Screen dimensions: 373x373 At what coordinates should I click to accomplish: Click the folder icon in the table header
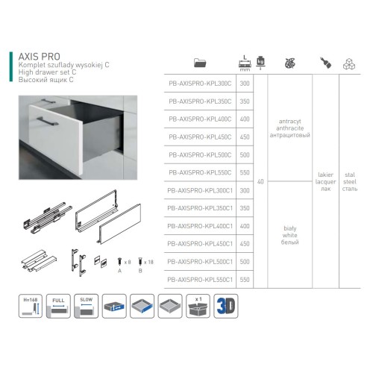point(199,63)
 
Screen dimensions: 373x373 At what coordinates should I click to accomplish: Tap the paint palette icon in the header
point(289,63)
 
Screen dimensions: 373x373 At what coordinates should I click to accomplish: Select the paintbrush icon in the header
point(325,63)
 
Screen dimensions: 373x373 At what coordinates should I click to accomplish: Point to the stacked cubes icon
point(348,63)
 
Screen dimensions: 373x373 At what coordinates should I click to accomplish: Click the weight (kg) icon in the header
point(260,63)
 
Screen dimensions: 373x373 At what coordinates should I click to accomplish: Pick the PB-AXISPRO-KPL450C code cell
point(199,137)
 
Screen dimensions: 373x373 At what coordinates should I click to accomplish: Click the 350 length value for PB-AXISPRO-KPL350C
point(245,101)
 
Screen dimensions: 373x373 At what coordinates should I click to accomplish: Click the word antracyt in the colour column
point(288,119)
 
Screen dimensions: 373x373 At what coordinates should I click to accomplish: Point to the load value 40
point(260,181)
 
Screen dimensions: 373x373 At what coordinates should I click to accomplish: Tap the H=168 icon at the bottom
point(31,307)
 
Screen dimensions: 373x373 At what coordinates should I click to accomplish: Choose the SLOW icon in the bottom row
point(86,307)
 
